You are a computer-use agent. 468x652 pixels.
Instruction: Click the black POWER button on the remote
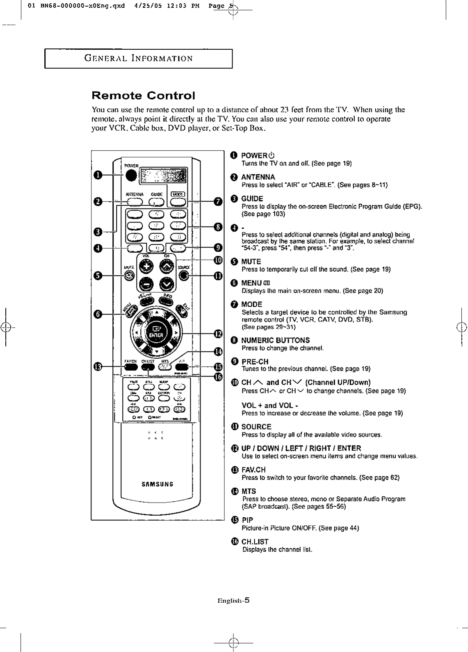(131, 175)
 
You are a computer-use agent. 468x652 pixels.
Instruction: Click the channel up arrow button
(167, 268)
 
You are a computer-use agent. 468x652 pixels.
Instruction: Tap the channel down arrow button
(167, 284)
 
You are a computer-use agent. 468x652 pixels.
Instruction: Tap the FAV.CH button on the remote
(130, 367)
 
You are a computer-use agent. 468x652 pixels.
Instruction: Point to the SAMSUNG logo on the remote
(158, 484)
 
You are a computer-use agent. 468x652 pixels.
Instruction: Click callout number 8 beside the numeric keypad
(218, 227)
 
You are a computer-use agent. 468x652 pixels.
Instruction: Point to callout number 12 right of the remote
(218, 333)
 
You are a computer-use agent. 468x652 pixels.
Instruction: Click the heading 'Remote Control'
(143, 96)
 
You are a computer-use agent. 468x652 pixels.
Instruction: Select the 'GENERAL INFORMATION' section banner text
(138, 58)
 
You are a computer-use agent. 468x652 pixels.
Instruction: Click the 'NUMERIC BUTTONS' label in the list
(275, 340)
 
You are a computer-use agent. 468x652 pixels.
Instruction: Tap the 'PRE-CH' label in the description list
(255, 361)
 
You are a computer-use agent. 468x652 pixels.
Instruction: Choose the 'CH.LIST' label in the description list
(255, 542)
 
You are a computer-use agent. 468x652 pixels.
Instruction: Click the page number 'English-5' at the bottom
(234, 600)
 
